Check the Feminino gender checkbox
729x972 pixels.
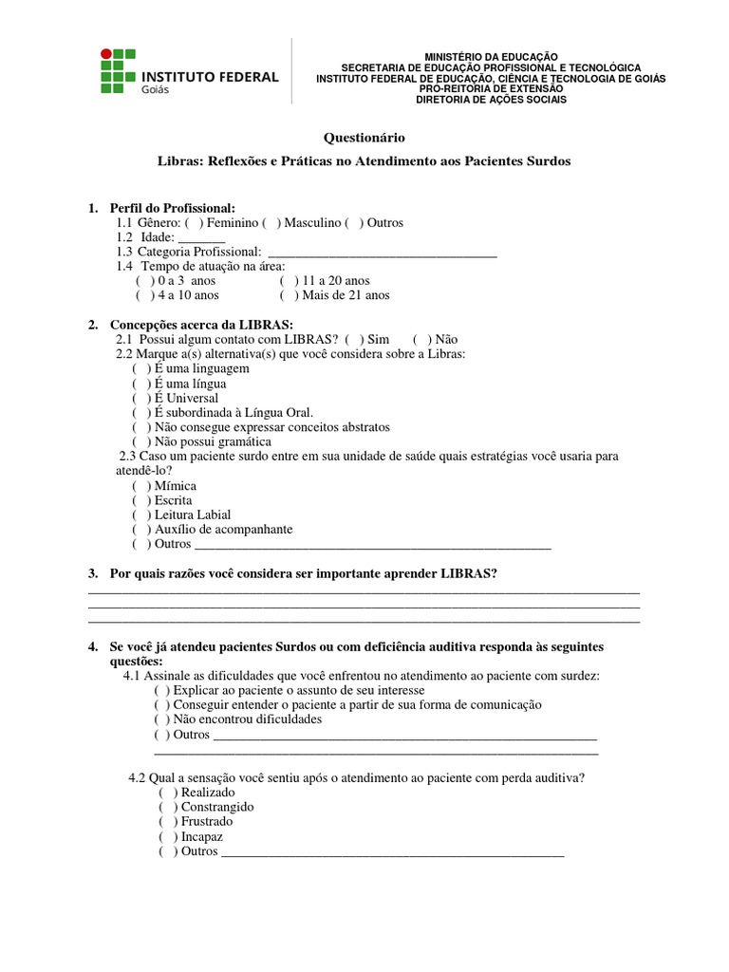194,223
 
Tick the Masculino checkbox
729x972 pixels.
271,223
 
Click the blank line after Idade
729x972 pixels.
201,237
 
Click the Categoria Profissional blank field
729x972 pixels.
383,252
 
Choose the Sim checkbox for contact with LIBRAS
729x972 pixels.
355,339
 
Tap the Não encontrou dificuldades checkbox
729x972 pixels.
161,720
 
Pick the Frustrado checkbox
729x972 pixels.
168,822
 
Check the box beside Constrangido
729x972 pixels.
168,808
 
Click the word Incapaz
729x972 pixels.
202,837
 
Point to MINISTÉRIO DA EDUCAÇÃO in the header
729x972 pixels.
491,57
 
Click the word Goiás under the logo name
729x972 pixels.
156,90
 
